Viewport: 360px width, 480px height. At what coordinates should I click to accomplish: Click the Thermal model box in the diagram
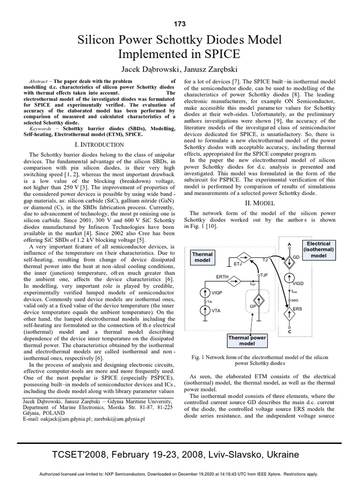202,257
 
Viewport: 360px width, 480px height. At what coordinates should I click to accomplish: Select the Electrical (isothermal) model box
318,250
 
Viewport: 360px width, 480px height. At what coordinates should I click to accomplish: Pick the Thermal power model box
247,340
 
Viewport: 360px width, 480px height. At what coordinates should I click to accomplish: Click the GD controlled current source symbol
289,260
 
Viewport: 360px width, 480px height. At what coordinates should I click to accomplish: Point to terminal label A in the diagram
289,244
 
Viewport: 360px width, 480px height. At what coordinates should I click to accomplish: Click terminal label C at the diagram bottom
289,332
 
